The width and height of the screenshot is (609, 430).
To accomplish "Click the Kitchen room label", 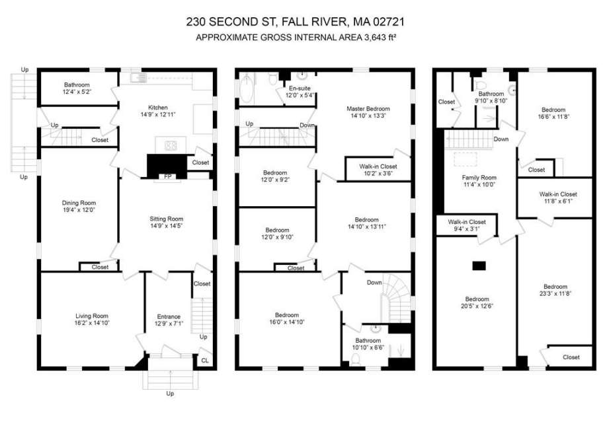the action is (x=158, y=108).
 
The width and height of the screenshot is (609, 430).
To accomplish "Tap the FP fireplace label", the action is (x=168, y=176).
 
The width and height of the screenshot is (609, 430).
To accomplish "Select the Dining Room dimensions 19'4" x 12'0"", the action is (x=79, y=210).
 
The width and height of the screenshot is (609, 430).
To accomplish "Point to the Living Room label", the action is (x=92, y=316).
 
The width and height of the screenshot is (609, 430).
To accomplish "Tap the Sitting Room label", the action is (x=166, y=219).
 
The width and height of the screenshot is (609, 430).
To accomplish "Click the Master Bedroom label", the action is (x=368, y=109).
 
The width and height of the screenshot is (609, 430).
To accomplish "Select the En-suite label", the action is (x=300, y=88).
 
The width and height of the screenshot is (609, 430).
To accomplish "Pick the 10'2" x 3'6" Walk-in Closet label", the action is (x=378, y=170).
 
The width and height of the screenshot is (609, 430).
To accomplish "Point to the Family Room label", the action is (x=479, y=178).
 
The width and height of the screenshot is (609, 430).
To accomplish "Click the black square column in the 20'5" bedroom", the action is (x=479, y=266).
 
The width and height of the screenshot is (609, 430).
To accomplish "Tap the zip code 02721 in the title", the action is (x=389, y=22).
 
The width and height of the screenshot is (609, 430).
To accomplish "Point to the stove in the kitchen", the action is (x=171, y=146).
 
